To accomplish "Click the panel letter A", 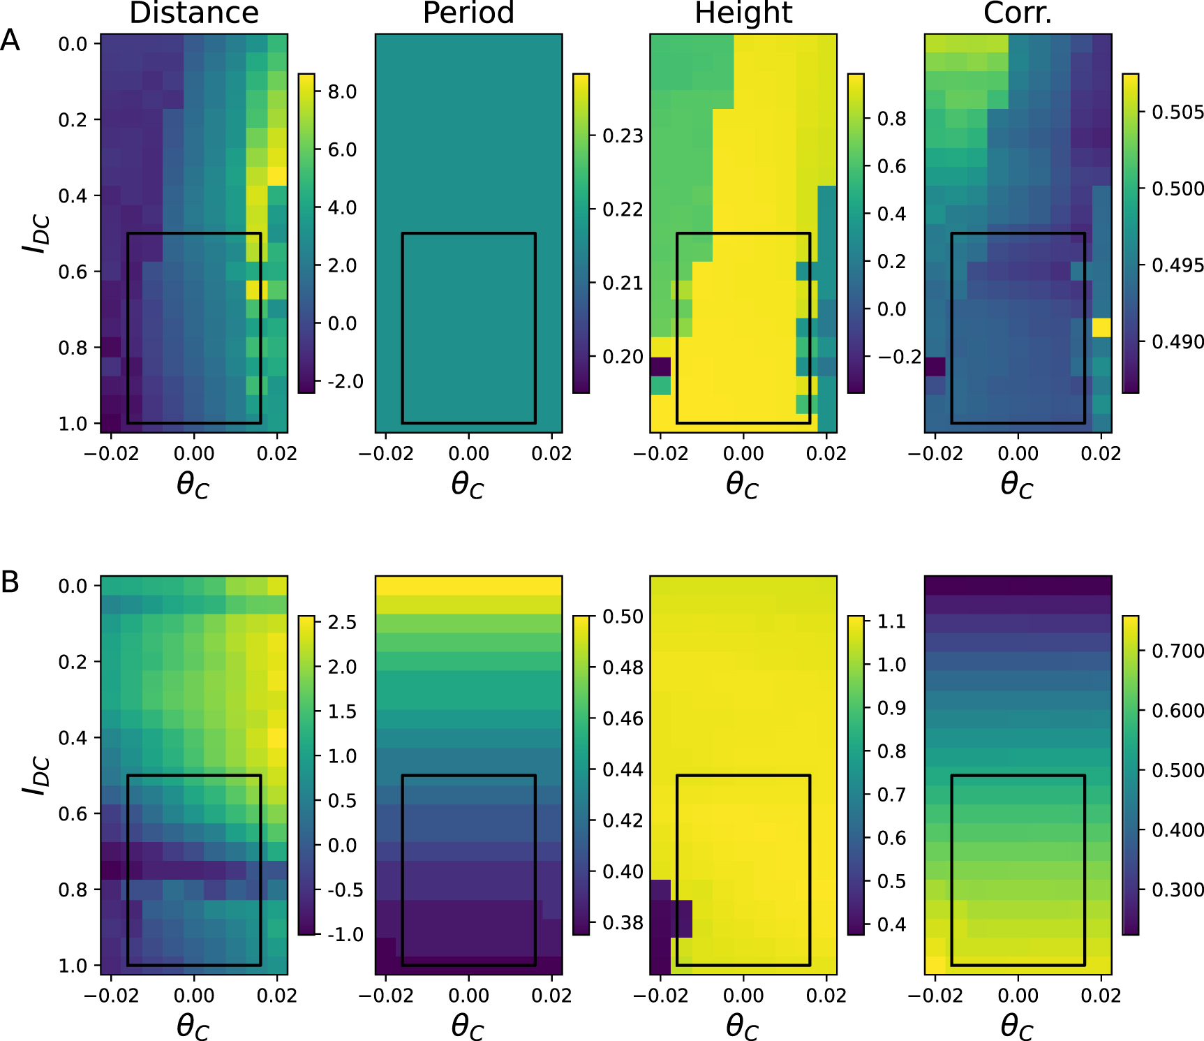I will tap(10, 40).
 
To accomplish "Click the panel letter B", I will tap(10, 582).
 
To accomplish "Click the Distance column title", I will tap(193, 13).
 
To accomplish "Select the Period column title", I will tap(468, 13).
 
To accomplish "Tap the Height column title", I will tap(743, 13).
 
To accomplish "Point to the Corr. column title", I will tap(1017, 13).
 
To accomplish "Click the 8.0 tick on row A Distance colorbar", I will tap(342, 91).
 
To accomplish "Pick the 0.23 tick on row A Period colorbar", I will tap(623, 135).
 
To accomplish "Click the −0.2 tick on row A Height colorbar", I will tap(900, 357).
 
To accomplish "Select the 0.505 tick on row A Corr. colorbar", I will tap(1177, 112).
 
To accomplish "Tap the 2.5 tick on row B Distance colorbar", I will tap(342, 622).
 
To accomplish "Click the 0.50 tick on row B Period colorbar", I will tap(623, 617).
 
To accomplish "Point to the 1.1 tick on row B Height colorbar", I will tap(891, 621).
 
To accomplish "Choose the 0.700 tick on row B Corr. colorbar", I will tap(1177, 651).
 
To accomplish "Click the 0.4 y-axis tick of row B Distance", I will tap(73, 738).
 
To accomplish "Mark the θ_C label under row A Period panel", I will tap(468, 485).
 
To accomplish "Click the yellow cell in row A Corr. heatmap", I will tap(1101, 327).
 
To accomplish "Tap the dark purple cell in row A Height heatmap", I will tap(660, 367).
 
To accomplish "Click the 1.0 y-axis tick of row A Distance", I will tap(73, 424).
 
